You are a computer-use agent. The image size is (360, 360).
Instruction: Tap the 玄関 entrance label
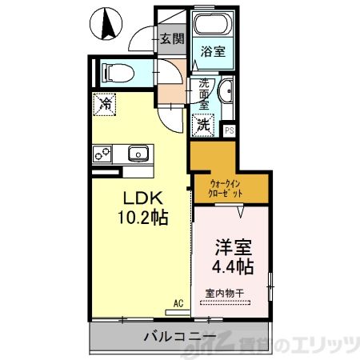pos(170,38)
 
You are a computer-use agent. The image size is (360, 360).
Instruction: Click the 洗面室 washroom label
pos(204,94)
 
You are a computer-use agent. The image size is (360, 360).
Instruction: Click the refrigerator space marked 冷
pos(104,103)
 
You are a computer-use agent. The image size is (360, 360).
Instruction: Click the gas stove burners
pos(103,152)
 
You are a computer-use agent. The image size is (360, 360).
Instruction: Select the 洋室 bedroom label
pos(234,245)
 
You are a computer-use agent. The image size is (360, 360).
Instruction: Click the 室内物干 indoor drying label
pos(226,292)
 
